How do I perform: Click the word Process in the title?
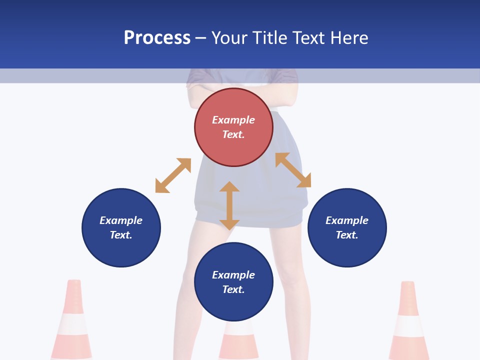157,38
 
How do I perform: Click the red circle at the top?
233,127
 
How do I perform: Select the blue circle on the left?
121,227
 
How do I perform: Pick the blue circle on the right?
347,227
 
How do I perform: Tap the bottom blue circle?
233,282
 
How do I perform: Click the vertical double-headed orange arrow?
229,205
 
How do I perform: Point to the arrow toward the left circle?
173,175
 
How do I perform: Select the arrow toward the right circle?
293,170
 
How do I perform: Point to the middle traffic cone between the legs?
238,340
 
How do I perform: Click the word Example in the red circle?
233,120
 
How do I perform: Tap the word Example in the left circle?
121,220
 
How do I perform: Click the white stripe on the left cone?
72,324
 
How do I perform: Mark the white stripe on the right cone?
409,326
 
